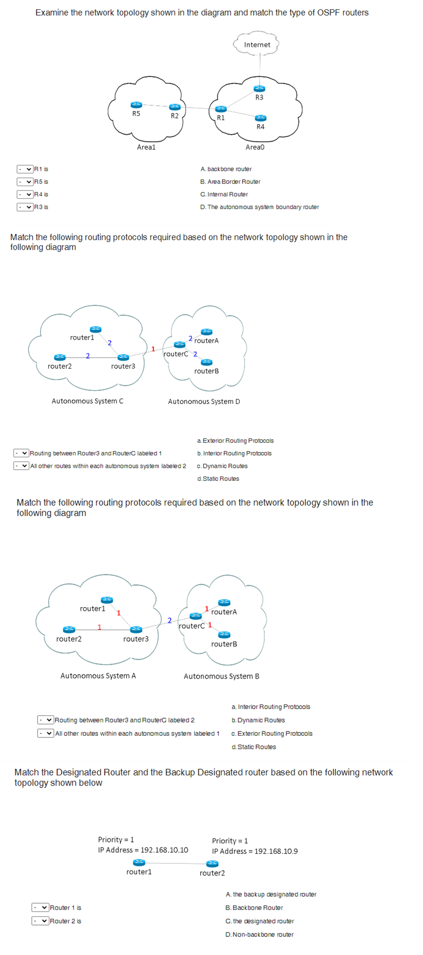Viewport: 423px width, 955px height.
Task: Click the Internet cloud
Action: point(257,45)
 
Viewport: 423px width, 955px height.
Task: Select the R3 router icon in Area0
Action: point(259,89)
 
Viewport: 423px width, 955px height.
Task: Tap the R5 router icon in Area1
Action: point(136,105)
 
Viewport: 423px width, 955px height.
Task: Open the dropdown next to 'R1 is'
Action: point(25,169)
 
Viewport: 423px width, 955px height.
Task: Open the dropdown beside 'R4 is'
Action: point(25,195)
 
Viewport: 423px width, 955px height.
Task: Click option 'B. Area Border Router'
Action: point(230,182)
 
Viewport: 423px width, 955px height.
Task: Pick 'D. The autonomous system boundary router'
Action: point(260,207)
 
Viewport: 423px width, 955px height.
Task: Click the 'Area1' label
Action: point(146,147)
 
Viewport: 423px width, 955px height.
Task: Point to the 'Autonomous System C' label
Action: point(88,401)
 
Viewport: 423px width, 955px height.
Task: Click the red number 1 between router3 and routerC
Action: point(153,349)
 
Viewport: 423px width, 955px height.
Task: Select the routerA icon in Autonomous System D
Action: point(207,332)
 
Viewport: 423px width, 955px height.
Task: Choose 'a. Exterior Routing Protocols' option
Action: point(236,441)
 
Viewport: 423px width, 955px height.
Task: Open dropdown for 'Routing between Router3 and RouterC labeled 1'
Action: point(22,454)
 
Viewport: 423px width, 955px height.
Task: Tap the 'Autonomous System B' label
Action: point(222,676)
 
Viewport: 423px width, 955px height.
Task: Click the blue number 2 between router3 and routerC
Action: point(170,620)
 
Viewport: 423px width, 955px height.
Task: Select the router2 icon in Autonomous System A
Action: point(69,629)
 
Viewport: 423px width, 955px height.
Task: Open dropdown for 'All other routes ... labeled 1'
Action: point(46,733)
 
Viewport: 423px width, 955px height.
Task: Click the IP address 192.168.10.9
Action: point(276,851)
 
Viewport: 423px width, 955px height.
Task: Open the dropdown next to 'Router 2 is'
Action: point(41,921)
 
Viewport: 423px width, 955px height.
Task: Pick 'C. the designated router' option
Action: point(260,921)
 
